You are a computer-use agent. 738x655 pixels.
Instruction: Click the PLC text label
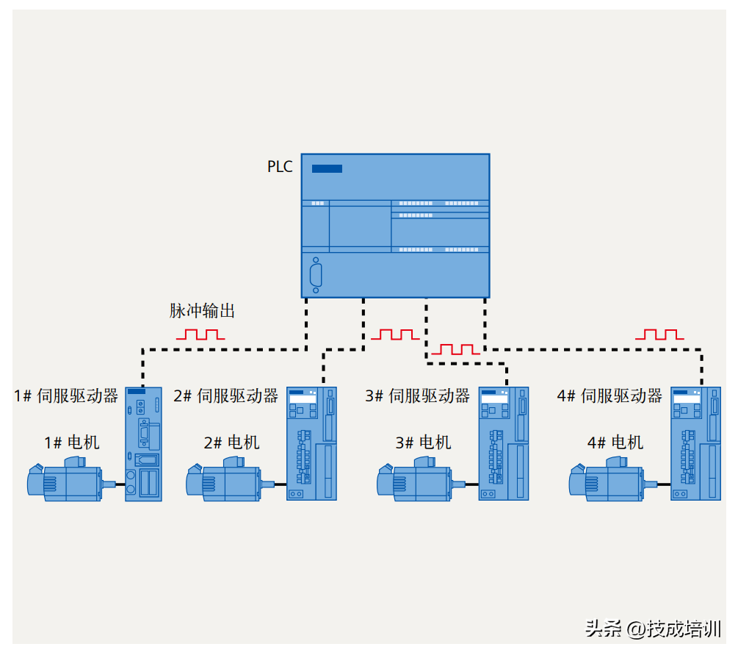pyautogui.click(x=280, y=167)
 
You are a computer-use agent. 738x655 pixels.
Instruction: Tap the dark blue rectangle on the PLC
pyautogui.click(x=327, y=168)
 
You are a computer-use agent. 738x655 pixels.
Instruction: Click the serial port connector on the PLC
pyautogui.click(x=316, y=276)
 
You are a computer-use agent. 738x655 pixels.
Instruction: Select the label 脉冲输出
pyautogui.click(x=202, y=311)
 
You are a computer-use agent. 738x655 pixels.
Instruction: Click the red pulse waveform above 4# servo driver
pyautogui.click(x=659, y=334)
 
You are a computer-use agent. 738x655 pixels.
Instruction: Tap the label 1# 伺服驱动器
pyautogui.click(x=66, y=395)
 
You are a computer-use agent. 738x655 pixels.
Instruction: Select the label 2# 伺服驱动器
pyautogui.click(x=226, y=395)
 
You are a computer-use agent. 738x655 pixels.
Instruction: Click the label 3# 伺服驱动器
pyautogui.click(x=418, y=395)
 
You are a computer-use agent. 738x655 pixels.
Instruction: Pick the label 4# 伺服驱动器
pyautogui.click(x=609, y=395)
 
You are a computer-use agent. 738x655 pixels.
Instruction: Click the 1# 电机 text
pyautogui.click(x=72, y=443)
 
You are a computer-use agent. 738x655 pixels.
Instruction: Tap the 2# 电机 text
pyautogui.click(x=232, y=443)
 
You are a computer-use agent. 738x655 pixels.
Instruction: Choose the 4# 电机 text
pyautogui.click(x=615, y=443)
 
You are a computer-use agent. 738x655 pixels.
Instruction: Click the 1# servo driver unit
pyautogui.click(x=143, y=444)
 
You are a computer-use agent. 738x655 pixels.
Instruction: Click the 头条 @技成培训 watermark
pyautogui.click(x=653, y=629)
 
